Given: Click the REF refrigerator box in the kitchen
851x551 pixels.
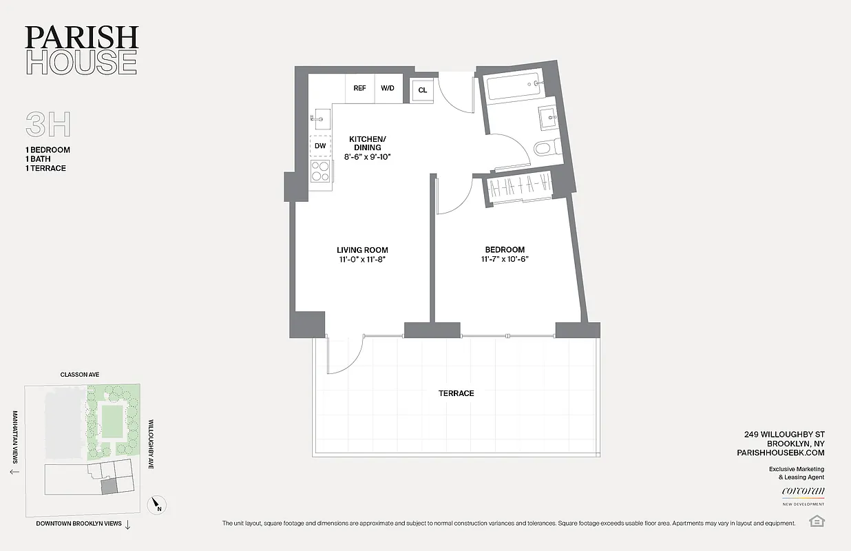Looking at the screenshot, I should pyautogui.click(x=359, y=88).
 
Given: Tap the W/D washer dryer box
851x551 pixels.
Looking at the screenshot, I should pyautogui.click(x=388, y=88).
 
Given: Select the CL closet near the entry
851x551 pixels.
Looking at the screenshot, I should pyautogui.click(x=422, y=90).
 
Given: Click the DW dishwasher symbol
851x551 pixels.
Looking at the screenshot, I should pyautogui.click(x=320, y=146).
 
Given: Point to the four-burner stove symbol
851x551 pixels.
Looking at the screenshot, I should pyautogui.click(x=320, y=170).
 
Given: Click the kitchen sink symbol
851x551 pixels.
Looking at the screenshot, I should pyautogui.click(x=319, y=118).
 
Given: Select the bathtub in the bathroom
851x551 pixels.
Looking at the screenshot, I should pyautogui.click(x=514, y=89).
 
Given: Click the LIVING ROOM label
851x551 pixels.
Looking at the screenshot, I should pyautogui.click(x=362, y=250).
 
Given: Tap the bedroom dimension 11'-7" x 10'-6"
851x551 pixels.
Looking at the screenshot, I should pyautogui.click(x=504, y=260).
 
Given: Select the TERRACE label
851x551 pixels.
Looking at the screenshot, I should pyautogui.click(x=456, y=393).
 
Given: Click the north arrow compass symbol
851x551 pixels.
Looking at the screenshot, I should pyautogui.click(x=157, y=505).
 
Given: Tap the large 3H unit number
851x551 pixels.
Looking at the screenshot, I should pyautogui.click(x=48, y=125).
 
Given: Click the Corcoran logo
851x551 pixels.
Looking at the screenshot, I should pyautogui.click(x=803, y=492).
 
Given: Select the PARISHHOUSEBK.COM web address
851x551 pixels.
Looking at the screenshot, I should pyautogui.click(x=780, y=453).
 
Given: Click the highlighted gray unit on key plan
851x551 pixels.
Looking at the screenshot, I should pyautogui.click(x=109, y=486).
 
